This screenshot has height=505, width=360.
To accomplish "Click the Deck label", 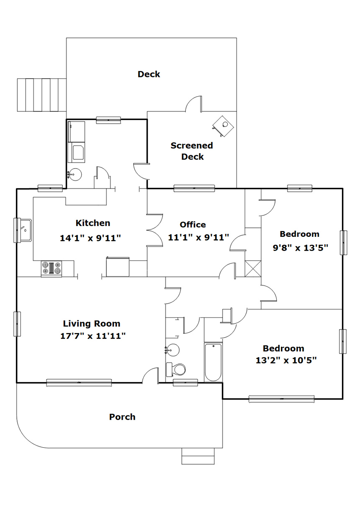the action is coord(149,74).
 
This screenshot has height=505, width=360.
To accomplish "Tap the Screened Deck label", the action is coord(192,151).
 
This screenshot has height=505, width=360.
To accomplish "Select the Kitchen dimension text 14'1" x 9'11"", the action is coord(90,238).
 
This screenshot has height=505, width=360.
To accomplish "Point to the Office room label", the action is coord(193,225).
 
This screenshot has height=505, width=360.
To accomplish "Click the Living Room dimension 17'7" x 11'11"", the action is coord(93,336).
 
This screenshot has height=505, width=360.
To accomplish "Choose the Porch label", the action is coord(122,417).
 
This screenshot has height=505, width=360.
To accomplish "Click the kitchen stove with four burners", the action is coord(51,269).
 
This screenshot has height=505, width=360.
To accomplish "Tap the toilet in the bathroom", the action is coord(175,369).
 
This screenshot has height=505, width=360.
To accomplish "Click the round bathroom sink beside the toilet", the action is coord(172,350).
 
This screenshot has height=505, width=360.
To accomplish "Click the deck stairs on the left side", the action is coord(42,95).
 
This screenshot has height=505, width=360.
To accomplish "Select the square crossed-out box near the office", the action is coord(253,269).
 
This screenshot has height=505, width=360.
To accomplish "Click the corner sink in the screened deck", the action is coord(223,126).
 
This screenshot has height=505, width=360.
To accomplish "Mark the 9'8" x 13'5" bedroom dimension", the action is coord(301,248).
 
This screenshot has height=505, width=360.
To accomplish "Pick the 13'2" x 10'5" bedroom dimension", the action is coord(286,360).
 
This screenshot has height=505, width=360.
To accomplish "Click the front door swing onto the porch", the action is coord(150,375).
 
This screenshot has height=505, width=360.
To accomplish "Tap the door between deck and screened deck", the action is coord(193,104).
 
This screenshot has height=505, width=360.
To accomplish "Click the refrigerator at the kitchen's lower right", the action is coord(118,267).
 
